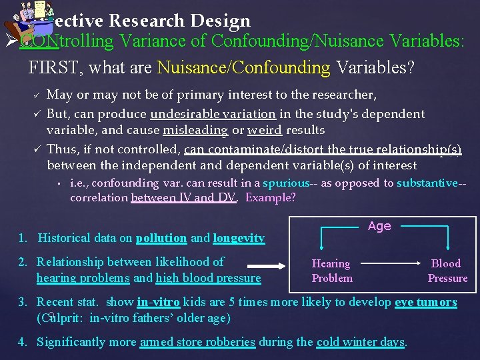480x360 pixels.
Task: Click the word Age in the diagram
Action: coord(379,226)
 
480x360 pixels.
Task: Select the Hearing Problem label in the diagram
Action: coord(331,271)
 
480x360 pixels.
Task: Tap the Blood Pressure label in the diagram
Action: coord(447,271)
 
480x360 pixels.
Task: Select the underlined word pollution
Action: coord(161,238)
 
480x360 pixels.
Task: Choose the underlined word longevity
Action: coord(239,238)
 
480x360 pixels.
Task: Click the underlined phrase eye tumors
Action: coord(425,302)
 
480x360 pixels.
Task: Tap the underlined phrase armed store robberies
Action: coord(197,342)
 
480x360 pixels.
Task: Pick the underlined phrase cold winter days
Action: coord(360,342)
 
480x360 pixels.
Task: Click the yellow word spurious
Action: coord(286,183)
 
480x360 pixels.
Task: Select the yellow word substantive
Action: coord(427,183)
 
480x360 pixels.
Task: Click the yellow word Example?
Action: coord(270,197)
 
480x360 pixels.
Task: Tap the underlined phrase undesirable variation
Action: coord(213,114)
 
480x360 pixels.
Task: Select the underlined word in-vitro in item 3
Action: coord(158,302)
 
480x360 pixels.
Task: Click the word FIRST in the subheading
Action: coord(49,67)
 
